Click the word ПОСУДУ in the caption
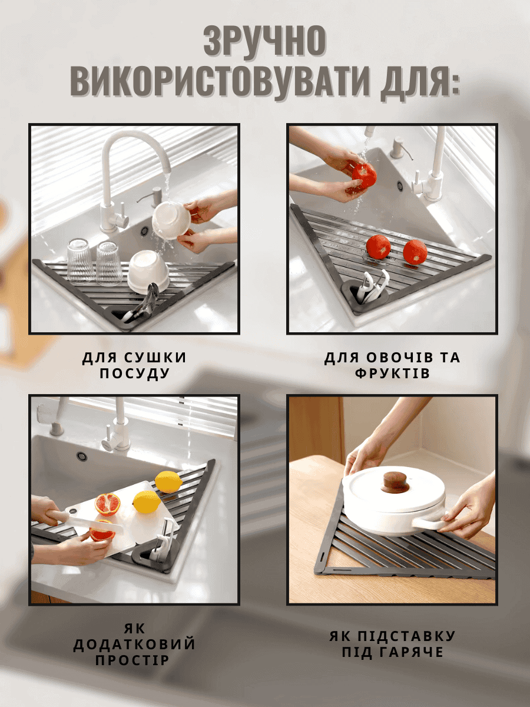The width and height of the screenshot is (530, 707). (134, 374)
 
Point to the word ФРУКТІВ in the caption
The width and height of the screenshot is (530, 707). (392, 374)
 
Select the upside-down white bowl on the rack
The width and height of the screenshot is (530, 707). (148, 270)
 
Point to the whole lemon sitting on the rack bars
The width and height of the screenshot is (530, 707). (168, 481)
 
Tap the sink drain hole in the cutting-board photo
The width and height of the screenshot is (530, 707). (81, 456)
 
